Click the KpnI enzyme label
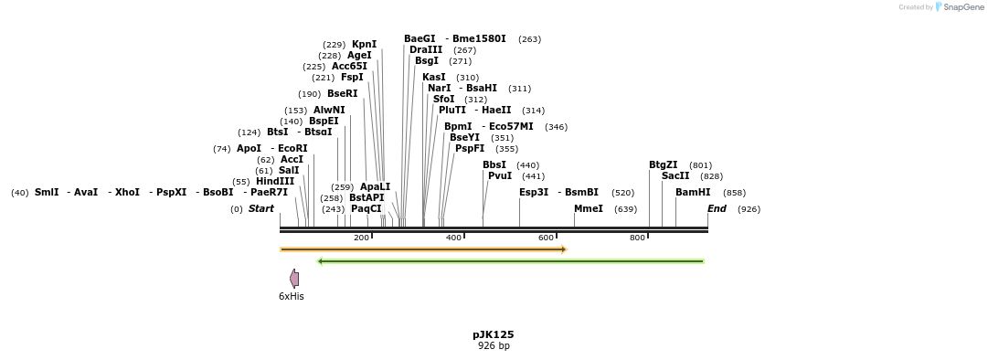click(x=364, y=44)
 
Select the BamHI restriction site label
click(x=693, y=192)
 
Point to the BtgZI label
click(x=664, y=164)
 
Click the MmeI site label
click(x=589, y=208)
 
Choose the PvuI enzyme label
click(x=500, y=175)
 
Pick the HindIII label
click(x=275, y=181)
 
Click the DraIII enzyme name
click(x=426, y=49)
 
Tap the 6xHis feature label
click(x=292, y=296)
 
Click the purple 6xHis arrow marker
click(x=294, y=279)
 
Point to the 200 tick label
click(x=361, y=238)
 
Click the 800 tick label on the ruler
click(x=637, y=238)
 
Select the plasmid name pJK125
click(x=494, y=334)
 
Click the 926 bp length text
click(x=494, y=345)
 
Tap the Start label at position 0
click(x=261, y=208)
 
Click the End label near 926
click(x=717, y=208)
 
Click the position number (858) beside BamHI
click(x=734, y=193)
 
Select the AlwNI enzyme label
click(x=329, y=110)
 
